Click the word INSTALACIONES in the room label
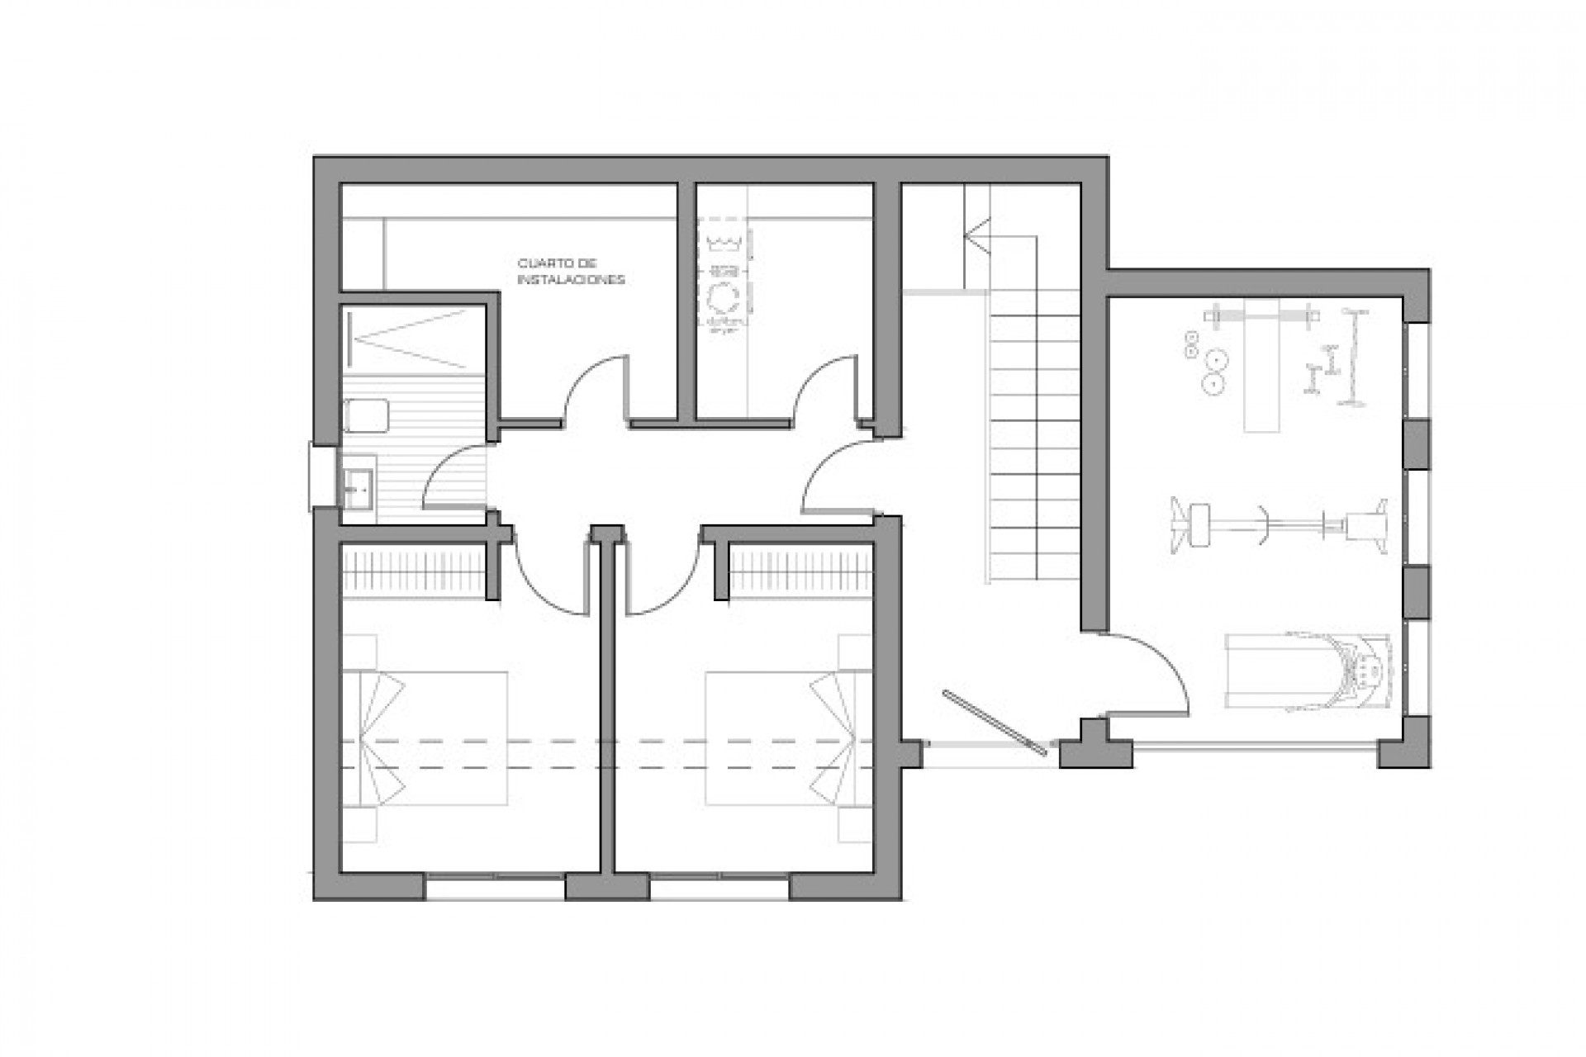click(571, 281)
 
